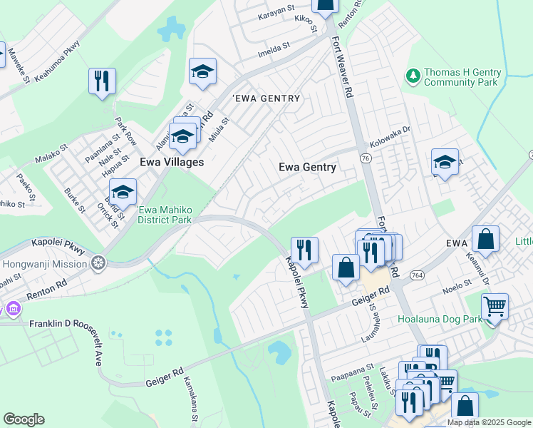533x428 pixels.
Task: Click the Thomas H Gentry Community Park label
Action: [x=462, y=78]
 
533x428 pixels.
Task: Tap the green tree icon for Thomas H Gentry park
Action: [x=412, y=74]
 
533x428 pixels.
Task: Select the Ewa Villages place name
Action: [x=172, y=162]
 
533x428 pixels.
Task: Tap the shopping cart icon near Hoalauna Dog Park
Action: [x=495, y=307]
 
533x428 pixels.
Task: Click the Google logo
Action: [x=24, y=419]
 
